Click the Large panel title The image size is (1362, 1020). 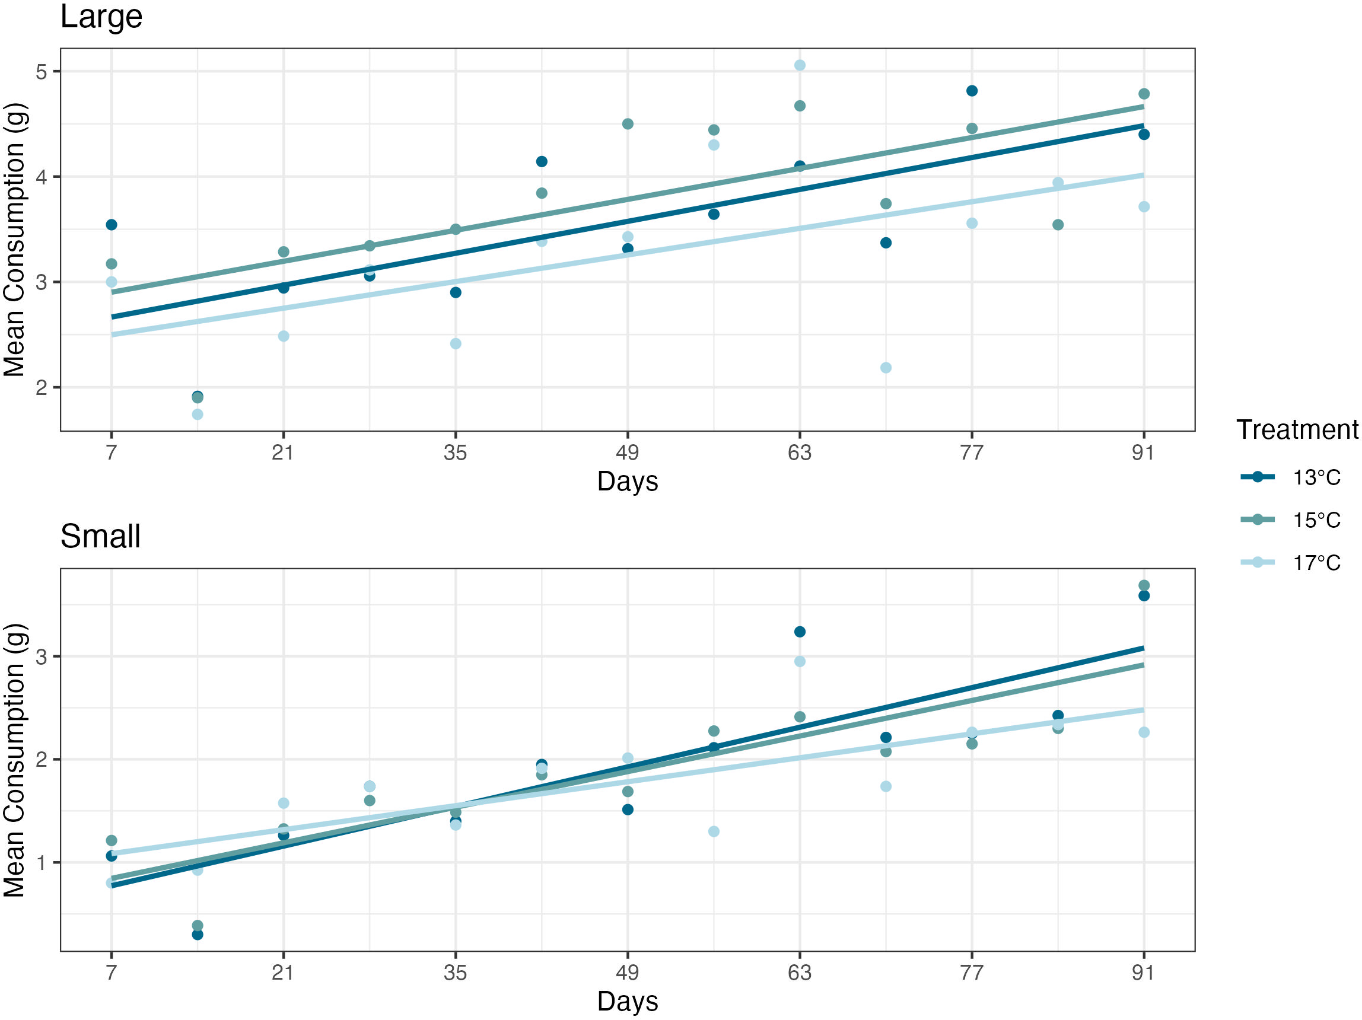[x=101, y=17]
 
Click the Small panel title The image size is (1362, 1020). [x=100, y=536]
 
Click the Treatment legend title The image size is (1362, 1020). [x=1297, y=430]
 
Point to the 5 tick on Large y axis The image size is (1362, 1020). [x=42, y=72]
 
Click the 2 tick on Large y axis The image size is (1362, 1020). [x=42, y=388]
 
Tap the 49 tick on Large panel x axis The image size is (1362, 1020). [x=628, y=453]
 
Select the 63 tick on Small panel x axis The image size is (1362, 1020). [x=799, y=973]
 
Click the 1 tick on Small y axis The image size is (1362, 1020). [x=42, y=862]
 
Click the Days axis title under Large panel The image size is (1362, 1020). [x=628, y=481]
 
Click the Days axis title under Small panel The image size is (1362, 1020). [x=628, y=1001]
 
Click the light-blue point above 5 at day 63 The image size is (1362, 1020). [x=799, y=65]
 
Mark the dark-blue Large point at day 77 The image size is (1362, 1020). [x=972, y=91]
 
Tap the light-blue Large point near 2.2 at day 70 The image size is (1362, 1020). [x=886, y=368]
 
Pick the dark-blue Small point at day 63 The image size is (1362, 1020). [x=799, y=632]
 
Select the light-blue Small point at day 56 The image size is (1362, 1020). [x=714, y=831]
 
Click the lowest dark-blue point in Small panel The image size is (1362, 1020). [x=198, y=935]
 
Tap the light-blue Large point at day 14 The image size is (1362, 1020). [x=198, y=415]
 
